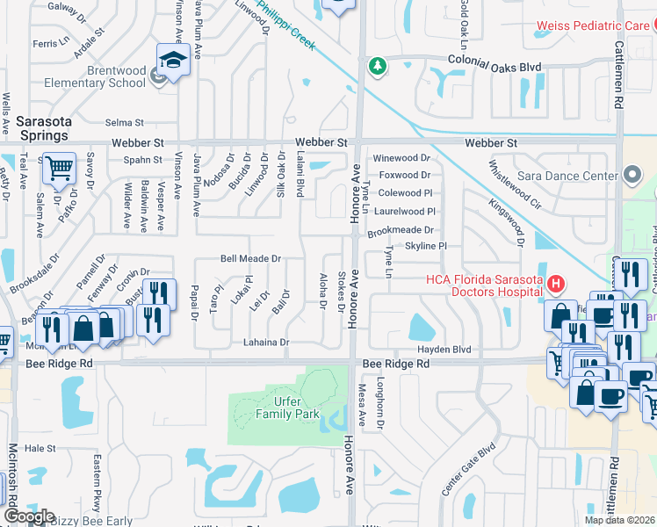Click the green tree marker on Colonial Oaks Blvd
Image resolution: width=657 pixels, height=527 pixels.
(x=377, y=66)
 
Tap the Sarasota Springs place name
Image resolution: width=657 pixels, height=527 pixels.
(x=41, y=127)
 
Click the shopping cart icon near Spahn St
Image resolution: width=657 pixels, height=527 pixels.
(x=58, y=166)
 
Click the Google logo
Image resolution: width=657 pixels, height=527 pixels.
(x=29, y=516)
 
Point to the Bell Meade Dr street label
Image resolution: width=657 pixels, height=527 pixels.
(x=250, y=259)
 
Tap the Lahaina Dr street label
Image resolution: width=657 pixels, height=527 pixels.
(x=261, y=343)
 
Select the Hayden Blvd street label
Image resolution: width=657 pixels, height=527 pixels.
(x=451, y=349)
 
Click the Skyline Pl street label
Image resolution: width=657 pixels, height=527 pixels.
(x=426, y=247)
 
